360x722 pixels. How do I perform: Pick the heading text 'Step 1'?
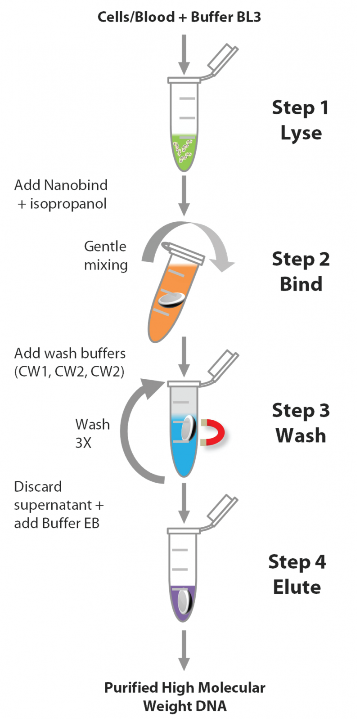tap(300, 108)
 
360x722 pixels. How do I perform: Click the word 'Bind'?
tap(301, 284)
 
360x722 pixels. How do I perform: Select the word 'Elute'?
tap(297, 587)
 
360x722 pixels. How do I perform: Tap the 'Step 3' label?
tap(301, 410)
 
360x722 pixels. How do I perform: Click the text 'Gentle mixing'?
tap(106, 256)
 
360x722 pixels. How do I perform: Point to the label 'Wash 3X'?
tap(92, 433)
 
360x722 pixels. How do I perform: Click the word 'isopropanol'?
tap(68, 204)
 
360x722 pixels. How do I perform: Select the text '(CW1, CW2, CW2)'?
tap(69, 372)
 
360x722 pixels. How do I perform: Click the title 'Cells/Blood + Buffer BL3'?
tap(179, 17)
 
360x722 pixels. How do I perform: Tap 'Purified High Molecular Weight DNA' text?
tap(184, 696)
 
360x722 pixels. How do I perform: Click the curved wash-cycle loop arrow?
tap(130, 432)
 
